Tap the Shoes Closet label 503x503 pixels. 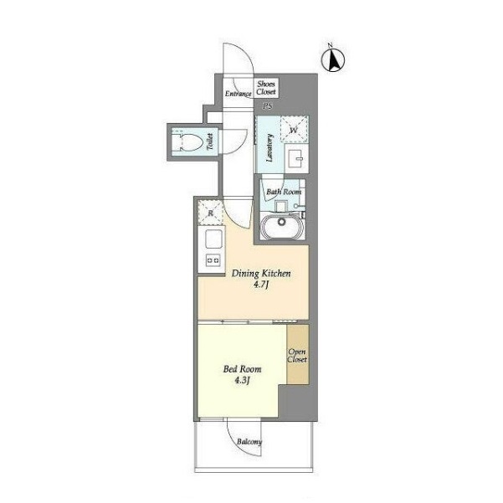[x=266, y=88]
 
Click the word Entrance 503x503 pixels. [x=238, y=94]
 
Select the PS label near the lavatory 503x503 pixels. [x=267, y=106]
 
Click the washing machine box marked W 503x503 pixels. [x=294, y=129]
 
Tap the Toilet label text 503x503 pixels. [x=210, y=141]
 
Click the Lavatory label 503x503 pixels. [x=269, y=147]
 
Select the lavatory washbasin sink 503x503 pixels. [x=296, y=158]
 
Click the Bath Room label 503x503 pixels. [x=284, y=192]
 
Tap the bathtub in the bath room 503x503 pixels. [x=282, y=226]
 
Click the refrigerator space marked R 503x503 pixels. [x=210, y=212]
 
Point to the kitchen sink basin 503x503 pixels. [x=213, y=239]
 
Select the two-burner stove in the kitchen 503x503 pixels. [x=213, y=259]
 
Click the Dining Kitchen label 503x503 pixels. [x=261, y=274]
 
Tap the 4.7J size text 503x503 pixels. [x=260, y=285]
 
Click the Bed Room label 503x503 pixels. [x=242, y=369]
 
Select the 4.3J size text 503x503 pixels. [x=242, y=381]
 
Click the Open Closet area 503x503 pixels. [x=298, y=355]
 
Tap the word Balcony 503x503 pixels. [x=249, y=442]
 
